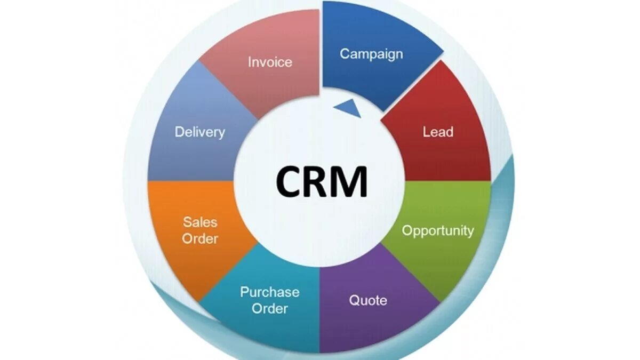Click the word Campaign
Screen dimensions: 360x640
pos(371,54)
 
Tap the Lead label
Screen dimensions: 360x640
pos(438,132)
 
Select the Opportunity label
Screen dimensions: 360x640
pos(437,230)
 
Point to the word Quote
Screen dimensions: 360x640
pos(368,300)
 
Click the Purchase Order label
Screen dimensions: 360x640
pos(269,300)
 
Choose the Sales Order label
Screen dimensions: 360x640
pos(200,230)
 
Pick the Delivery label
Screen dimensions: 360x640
pos(200,132)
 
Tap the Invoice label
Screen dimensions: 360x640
pos(270,62)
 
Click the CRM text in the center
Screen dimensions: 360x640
pos(322,182)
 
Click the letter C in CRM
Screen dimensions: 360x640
pos(290,182)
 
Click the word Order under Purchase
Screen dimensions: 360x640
pos(269,308)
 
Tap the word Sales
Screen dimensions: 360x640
pos(200,222)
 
